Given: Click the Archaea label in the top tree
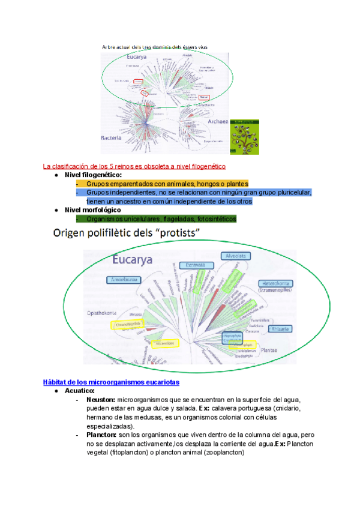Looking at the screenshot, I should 217,121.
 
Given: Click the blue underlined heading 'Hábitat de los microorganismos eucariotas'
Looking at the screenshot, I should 112,382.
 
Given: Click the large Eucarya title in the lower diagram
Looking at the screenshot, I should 132,259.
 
